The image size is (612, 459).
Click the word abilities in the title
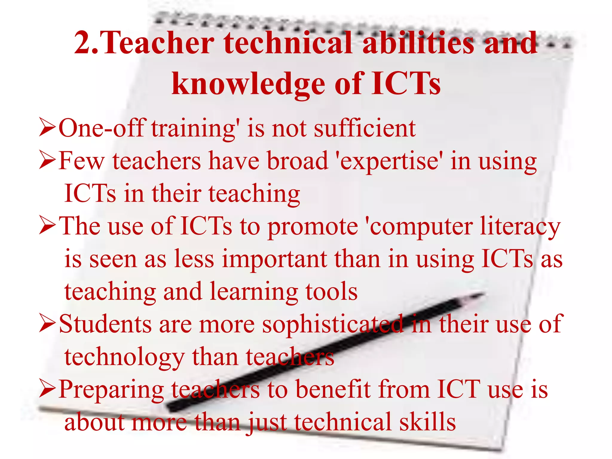click(418, 43)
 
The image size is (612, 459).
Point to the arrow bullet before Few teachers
click(47, 160)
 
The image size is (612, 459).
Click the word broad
click(297, 161)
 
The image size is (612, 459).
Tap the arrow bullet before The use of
click(47, 226)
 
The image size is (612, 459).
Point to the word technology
click(124, 358)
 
